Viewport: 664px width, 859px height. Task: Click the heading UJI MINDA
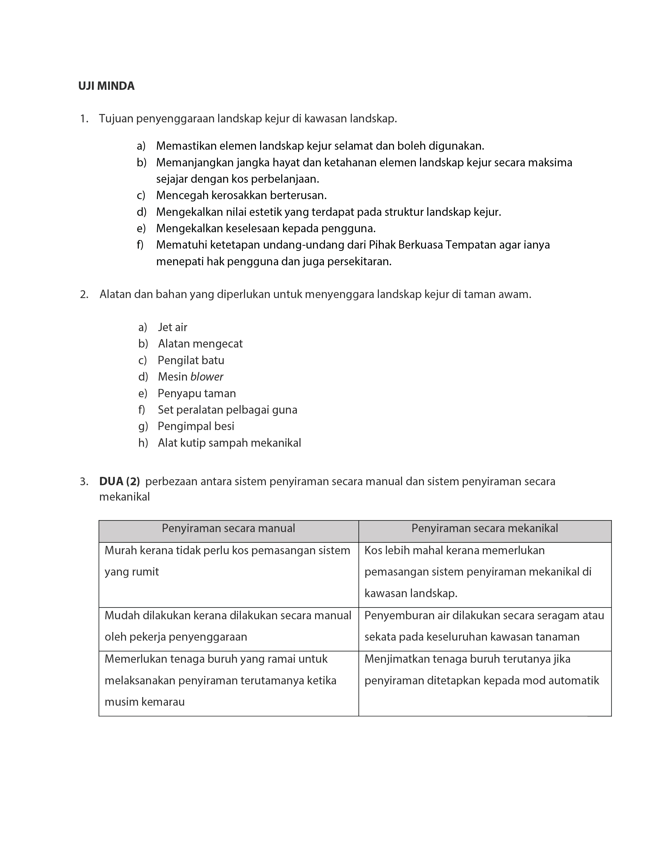click(106, 86)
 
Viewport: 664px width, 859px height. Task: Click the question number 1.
click(84, 119)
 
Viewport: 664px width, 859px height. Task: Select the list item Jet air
click(172, 327)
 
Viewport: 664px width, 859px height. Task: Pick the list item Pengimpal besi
click(196, 426)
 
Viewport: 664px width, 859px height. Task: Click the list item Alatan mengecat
click(200, 344)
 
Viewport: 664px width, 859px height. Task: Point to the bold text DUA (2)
click(119, 481)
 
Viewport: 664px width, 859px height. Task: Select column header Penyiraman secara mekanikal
click(484, 528)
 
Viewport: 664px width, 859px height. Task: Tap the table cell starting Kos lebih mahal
click(478, 571)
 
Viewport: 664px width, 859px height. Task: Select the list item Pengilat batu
click(191, 360)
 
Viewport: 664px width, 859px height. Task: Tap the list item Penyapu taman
click(197, 393)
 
